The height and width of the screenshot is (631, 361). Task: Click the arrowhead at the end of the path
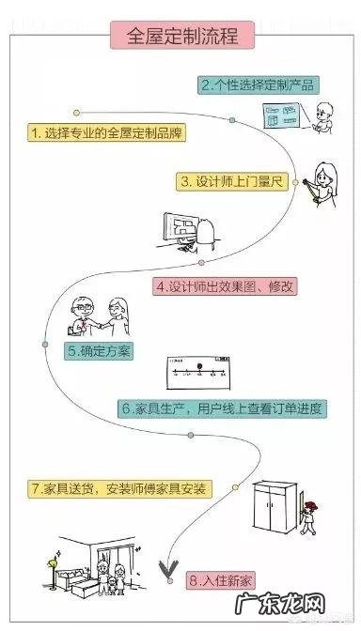170,568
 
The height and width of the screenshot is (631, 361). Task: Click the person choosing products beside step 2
324,117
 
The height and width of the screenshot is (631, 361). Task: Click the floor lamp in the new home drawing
43,573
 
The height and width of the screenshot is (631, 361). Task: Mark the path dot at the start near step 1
77,114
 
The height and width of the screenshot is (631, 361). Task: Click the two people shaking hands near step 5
102,317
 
